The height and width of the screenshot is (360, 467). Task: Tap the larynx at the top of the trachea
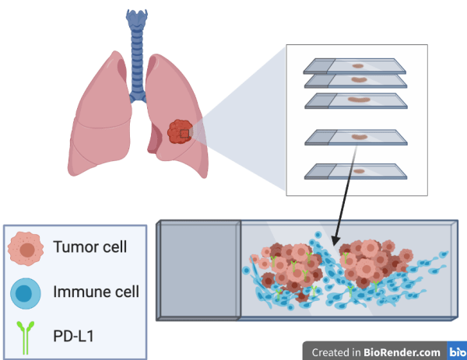137,19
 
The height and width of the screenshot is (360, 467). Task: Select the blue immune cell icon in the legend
26,294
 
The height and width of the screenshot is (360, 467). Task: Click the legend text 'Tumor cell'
90,248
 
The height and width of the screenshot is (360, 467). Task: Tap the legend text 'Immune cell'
97,292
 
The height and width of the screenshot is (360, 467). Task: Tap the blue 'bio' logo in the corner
458,351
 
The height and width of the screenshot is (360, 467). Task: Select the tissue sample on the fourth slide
360,137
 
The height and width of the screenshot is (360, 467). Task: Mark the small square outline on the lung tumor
184,133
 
